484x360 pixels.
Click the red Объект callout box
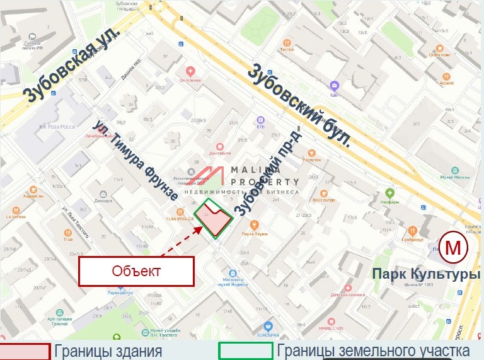coord(135,272)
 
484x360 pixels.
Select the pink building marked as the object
coord(214,221)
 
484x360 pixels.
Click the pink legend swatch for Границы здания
coord(25,351)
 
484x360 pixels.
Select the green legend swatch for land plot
coord(245,351)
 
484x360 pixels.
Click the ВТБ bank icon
coord(260,119)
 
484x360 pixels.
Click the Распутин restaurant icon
coord(311,152)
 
